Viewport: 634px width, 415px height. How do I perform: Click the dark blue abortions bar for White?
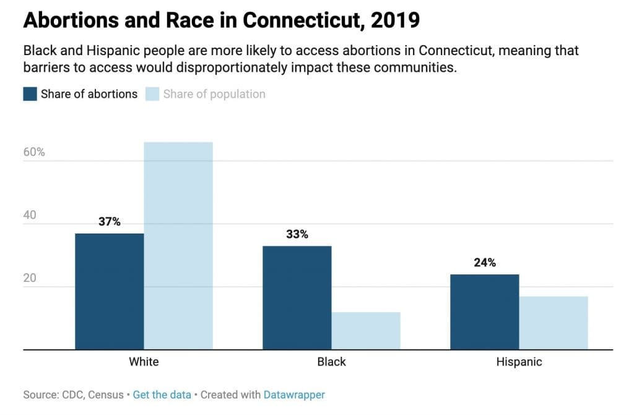click(x=109, y=291)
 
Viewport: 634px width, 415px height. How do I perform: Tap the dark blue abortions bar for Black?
click(x=297, y=297)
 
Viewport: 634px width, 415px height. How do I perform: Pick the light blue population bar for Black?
click(x=366, y=331)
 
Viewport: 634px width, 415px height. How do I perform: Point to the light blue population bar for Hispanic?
click(x=554, y=323)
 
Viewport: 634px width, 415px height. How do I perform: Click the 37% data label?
click(x=109, y=221)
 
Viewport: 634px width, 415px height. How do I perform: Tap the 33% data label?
click(x=297, y=234)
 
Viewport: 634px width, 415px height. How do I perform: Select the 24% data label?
click(x=484, y=262)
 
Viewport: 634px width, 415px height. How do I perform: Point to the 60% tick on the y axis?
click(x=34, y=152)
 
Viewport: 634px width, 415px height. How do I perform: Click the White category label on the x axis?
click(x=144, y=362)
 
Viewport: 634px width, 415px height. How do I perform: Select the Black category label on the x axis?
click(x=331, y=362)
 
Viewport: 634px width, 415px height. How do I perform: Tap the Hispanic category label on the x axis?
click(x=519, y=362)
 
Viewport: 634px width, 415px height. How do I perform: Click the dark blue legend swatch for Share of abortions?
click(x=30, y=94)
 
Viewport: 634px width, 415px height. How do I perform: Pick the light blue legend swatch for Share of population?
click(x=152, y=94)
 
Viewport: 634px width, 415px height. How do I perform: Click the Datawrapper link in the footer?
click(x=294, y=395)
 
